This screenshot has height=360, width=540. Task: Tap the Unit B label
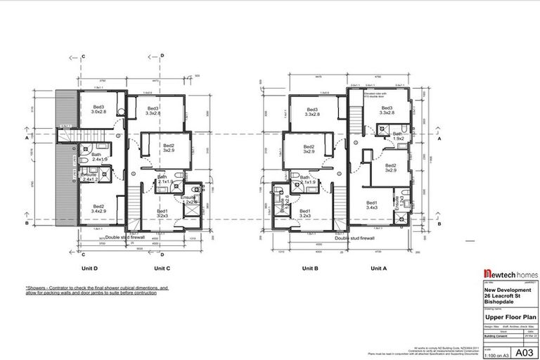click(x=311, y=268)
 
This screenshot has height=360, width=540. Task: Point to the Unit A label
click(x=379, y=268)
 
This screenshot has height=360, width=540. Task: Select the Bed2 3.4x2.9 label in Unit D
click(x=99, y=208)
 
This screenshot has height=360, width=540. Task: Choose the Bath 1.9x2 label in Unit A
click(x=398, y=136)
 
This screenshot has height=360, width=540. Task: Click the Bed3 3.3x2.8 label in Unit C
click(x=153, y=110)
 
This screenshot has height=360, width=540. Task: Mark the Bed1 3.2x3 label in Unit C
click(x=162, y=213)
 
